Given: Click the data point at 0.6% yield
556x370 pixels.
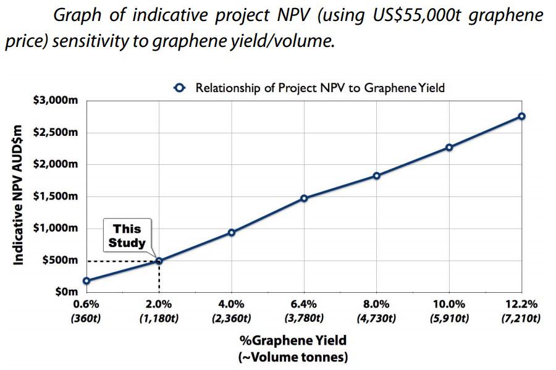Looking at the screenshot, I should coord(86,281).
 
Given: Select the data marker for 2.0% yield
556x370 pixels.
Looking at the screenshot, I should coord(159,261).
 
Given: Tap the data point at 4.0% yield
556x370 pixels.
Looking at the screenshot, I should coord(231,233).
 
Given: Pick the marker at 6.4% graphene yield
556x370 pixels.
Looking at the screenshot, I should coord(304,198).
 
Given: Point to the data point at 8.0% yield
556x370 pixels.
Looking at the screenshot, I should coord(376,176).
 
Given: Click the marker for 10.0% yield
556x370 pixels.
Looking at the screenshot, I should coord(449,148).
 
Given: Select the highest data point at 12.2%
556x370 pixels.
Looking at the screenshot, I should coord(521,116).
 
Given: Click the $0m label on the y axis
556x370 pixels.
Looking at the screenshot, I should coord(64,292).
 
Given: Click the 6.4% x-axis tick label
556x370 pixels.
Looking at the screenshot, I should coord(304,305).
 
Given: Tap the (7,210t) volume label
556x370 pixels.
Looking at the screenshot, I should coord(521,319).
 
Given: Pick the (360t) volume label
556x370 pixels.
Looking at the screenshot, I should coord(86,319).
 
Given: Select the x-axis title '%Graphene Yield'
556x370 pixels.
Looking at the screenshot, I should coord(292,340).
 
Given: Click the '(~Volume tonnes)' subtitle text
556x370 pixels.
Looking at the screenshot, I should coord(292,357).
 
